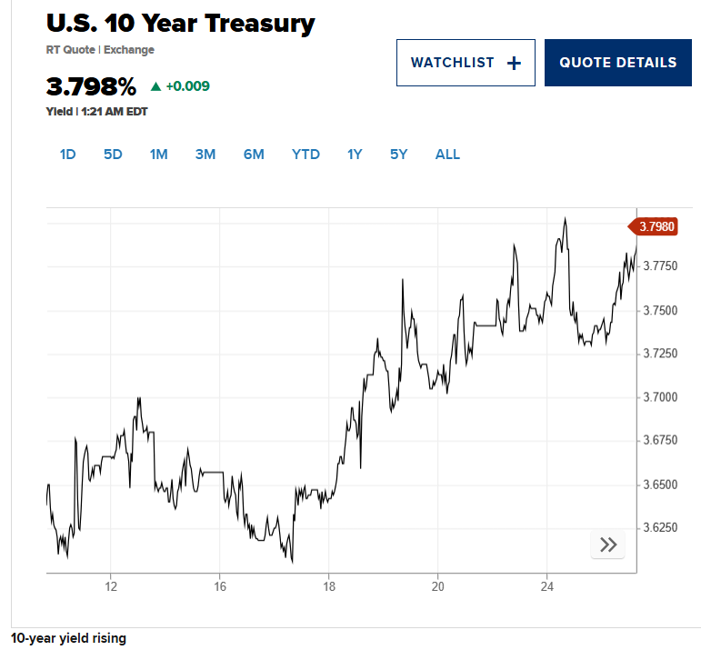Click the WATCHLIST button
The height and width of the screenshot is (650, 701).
(465, 63)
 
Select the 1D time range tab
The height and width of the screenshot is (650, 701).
(67, 155)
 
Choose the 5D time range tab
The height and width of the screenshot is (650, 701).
(113, 155)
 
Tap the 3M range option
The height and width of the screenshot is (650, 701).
(205, 155)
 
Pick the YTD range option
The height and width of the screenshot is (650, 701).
(305, 155)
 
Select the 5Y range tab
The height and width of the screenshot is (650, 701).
(399, 155)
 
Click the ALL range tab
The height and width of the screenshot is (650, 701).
(447, 155)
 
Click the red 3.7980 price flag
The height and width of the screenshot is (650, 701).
(655, 226)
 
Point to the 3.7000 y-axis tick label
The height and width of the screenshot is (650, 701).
(660, 397)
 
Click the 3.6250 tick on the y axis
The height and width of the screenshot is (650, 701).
(660, 527)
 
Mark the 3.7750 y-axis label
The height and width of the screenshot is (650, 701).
(660, 266)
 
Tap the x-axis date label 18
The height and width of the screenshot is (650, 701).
(329, 585)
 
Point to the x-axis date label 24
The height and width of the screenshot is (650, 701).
(546, 585)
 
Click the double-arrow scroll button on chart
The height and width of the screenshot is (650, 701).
(608, 545)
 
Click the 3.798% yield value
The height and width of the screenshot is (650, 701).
(91, 87)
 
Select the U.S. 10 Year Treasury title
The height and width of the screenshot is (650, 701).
(180, 24)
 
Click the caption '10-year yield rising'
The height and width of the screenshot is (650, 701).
(69, 638)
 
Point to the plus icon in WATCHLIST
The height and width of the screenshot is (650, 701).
(514, 63)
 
